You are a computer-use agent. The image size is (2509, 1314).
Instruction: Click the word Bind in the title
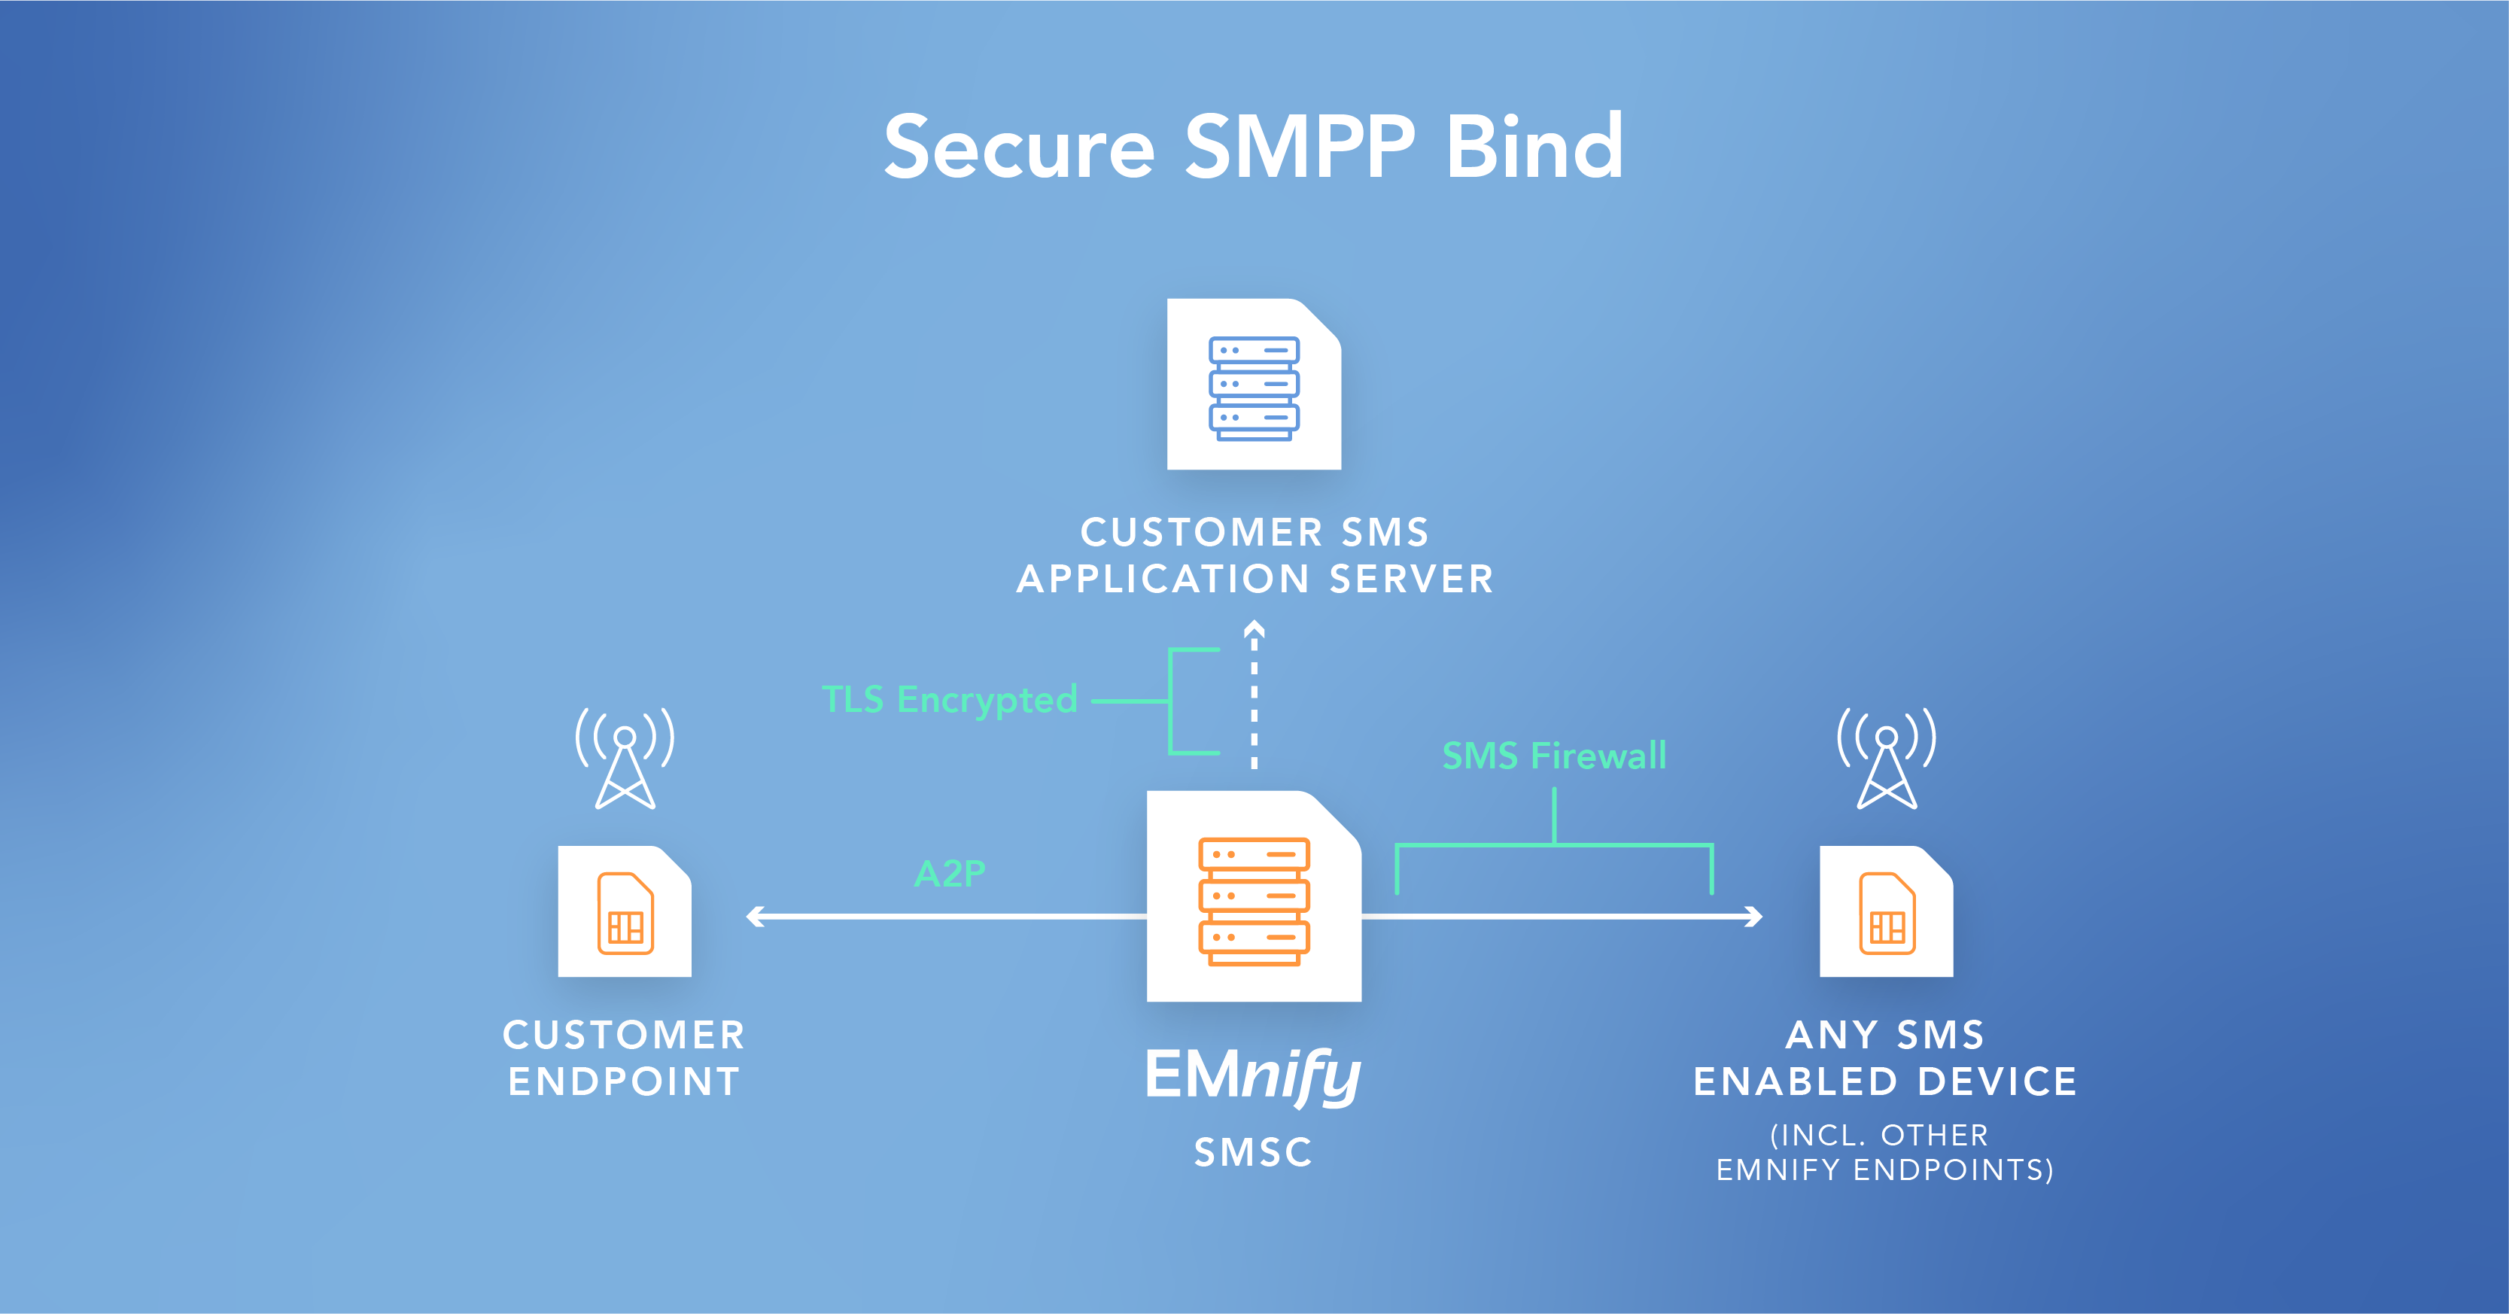[1534, 148]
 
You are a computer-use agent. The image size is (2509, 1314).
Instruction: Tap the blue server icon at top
[1254, 388]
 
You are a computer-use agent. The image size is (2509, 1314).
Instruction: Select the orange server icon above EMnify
[1254, 900]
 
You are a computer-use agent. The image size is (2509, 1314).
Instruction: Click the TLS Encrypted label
[950, 699]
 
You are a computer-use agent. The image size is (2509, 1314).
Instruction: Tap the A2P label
[950, 873]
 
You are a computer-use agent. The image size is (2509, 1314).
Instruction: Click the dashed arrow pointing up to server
[1254, 696]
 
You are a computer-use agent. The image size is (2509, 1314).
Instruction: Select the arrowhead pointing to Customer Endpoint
[754, 917]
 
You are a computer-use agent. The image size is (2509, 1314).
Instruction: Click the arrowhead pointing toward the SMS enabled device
[1754, 917]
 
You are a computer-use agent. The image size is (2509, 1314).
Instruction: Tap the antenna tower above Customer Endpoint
[625, 760]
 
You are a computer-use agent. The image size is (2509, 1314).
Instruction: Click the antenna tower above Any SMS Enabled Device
[1887, 760]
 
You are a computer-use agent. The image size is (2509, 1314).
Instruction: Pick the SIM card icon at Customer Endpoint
[625, 914]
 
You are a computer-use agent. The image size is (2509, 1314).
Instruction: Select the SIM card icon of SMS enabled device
[1887, 914]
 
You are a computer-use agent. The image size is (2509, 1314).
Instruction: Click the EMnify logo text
[1254, 1075]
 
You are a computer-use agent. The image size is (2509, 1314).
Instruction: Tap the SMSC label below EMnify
[1254, 1152]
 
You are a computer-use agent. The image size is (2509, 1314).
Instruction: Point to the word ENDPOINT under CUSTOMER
[625, 1082]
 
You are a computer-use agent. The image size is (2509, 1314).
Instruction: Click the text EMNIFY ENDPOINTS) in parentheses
[1884, 1170]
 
